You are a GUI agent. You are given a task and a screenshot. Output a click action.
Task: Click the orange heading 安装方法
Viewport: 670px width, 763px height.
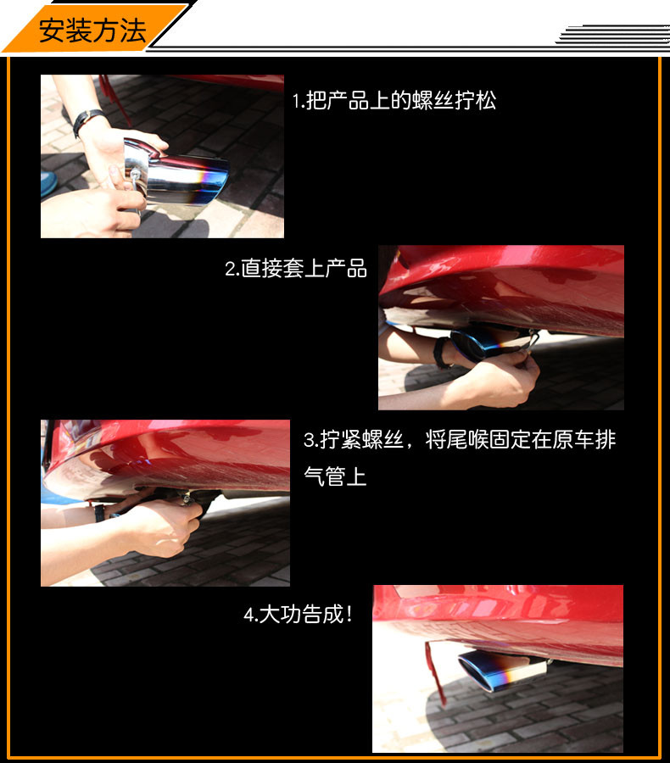[92, 31]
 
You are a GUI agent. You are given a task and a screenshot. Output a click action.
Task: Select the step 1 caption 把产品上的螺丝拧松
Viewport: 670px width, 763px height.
[401, 101]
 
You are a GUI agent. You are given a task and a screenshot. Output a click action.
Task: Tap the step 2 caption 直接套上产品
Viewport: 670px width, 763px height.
[304, 268]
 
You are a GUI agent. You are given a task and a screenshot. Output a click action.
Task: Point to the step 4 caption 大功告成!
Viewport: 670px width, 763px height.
[305, 614]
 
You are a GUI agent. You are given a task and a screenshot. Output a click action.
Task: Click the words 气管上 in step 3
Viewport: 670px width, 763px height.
[335, 476]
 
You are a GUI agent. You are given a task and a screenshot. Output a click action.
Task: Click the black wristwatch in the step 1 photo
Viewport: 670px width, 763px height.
[87, 120]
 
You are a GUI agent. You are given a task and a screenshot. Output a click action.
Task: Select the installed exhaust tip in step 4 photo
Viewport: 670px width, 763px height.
[501, 669]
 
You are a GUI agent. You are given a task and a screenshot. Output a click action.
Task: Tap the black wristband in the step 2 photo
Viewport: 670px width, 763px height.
[442, 353]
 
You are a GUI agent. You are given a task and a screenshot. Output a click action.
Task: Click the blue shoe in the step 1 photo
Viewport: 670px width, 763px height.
[48, 183]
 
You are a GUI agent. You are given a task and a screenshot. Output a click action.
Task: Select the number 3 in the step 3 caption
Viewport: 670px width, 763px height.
[309, 440]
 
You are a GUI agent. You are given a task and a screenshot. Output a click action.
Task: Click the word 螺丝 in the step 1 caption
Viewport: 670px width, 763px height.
[433, 101]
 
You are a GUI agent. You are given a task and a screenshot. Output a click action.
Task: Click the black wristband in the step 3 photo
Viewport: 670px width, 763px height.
[99, 513]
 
